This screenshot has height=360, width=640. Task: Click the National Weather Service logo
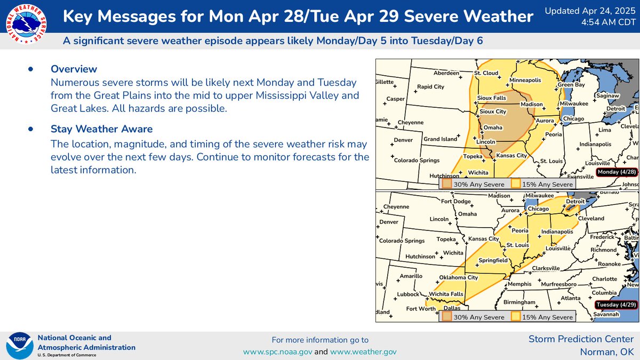[25, 25]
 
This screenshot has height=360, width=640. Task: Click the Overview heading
[74, 69]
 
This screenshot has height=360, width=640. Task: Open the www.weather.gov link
[363, 351]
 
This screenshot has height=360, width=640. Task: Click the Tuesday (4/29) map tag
[616, 305]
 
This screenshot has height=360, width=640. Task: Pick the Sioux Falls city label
[491, 98]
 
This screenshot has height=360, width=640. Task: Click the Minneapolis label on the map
[525, 81]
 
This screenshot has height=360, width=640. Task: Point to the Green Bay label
[572, 85]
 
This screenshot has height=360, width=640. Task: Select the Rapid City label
[430, 86]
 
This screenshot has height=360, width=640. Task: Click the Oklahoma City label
[459, 277]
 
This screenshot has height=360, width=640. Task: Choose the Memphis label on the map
[519, 284]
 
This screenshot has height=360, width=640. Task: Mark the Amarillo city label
[411, 276]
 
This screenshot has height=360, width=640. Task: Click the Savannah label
[606, 315]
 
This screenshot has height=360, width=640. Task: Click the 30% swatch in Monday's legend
[446, 184]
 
